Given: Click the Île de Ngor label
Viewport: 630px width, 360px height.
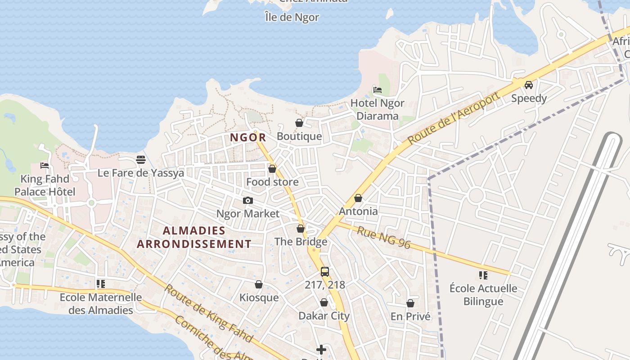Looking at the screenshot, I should tap(292, 18).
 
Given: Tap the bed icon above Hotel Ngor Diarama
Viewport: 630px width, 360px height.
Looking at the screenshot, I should tap(378, 90).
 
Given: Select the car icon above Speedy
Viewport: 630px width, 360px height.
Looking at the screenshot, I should tap(529, 85).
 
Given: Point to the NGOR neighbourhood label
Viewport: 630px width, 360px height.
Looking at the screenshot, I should tap(248, 138).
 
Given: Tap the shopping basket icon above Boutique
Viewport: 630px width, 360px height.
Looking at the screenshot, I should tap(299, 123).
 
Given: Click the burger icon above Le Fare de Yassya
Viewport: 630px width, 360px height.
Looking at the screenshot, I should tap(141, 160).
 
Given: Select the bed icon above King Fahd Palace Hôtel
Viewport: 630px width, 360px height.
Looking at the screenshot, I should tap(45, 166).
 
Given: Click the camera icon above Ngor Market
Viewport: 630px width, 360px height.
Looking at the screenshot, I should tap(248, 201).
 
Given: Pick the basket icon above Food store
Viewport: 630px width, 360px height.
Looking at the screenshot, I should tap(272, 169).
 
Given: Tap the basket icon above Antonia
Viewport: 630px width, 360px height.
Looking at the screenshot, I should tap(358, 198).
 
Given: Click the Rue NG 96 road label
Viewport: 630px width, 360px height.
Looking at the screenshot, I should tap(384, 237).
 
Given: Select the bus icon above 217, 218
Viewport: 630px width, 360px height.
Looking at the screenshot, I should tap(325, 271).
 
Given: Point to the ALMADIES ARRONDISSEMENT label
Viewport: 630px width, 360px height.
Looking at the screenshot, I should tap(194, 237).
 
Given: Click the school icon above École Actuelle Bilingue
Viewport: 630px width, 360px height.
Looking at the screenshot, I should tap(483, 275).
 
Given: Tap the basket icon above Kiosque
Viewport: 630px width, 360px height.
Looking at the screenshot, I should tap(259, 284).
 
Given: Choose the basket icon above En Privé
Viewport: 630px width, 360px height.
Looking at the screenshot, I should tap(410, 303).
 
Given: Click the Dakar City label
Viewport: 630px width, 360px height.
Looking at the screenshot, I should tap(324, 316).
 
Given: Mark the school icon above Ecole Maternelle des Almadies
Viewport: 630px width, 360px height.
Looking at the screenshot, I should tap(101, 284).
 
